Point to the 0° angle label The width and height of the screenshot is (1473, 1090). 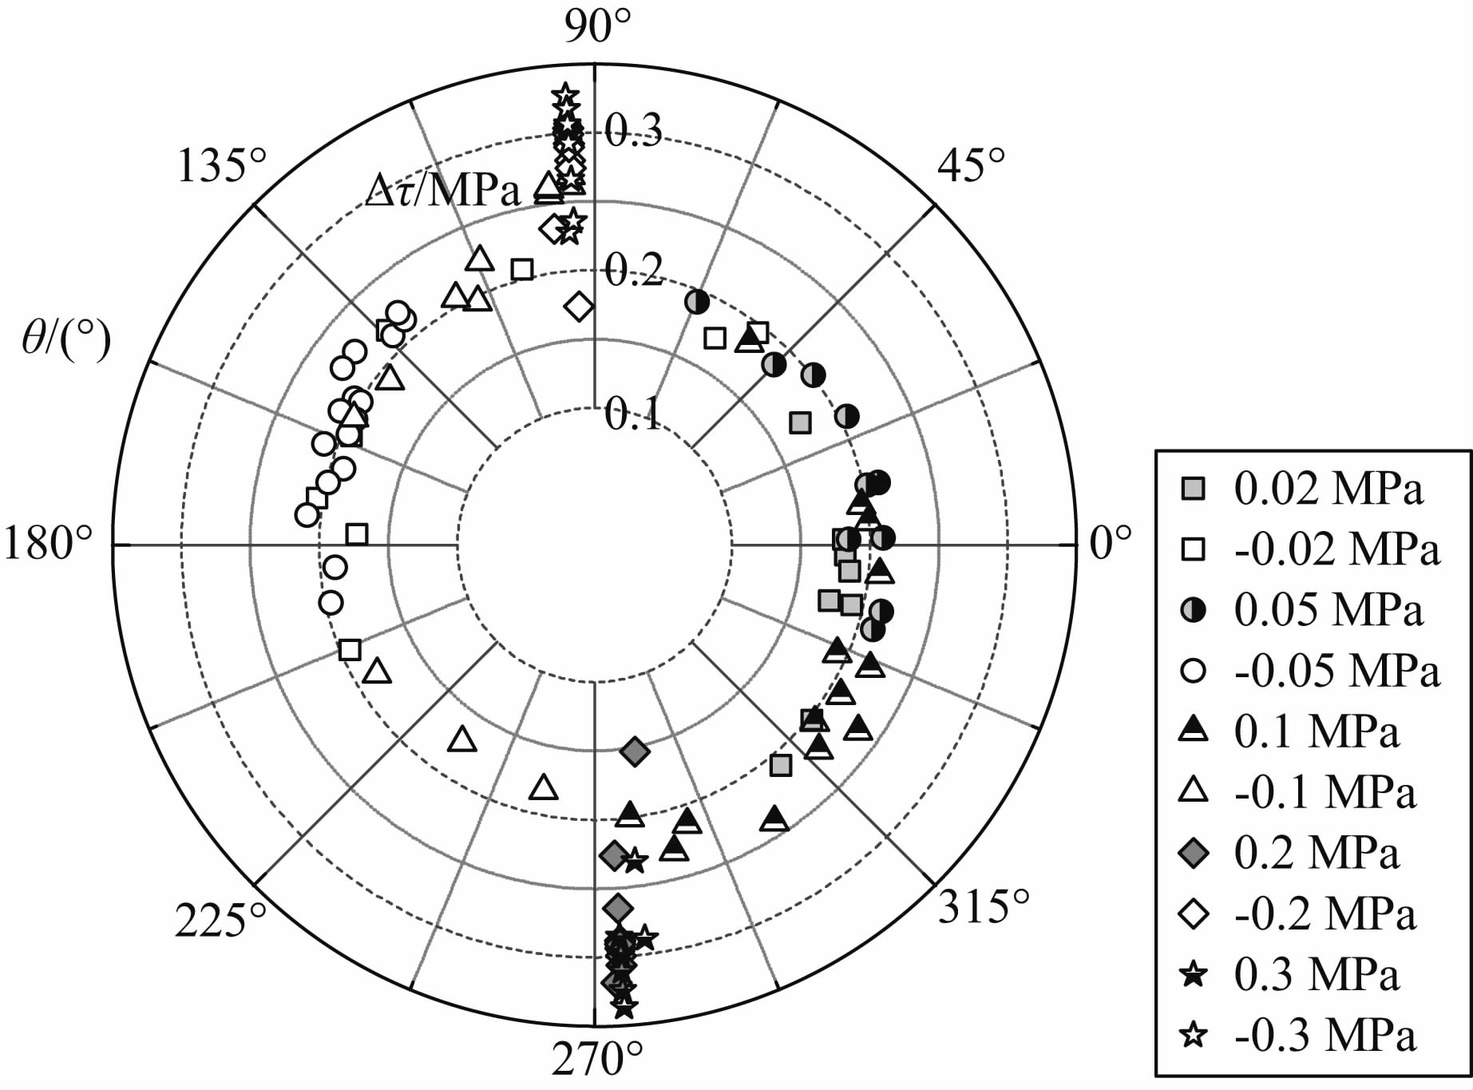point(1111,544)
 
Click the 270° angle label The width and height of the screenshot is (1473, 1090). point(597,1060)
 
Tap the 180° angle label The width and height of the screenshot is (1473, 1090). point(49,545)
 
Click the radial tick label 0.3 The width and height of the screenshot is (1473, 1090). point(633,131)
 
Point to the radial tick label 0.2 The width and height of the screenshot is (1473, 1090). point(633,272)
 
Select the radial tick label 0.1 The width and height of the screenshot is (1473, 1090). point(633,414)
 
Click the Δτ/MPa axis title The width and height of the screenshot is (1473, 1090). point(443,192)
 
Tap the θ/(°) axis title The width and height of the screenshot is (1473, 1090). point(66,343)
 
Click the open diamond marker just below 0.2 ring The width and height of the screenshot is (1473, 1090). point(579,306)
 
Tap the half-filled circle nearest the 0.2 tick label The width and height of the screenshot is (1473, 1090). point(697,301)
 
